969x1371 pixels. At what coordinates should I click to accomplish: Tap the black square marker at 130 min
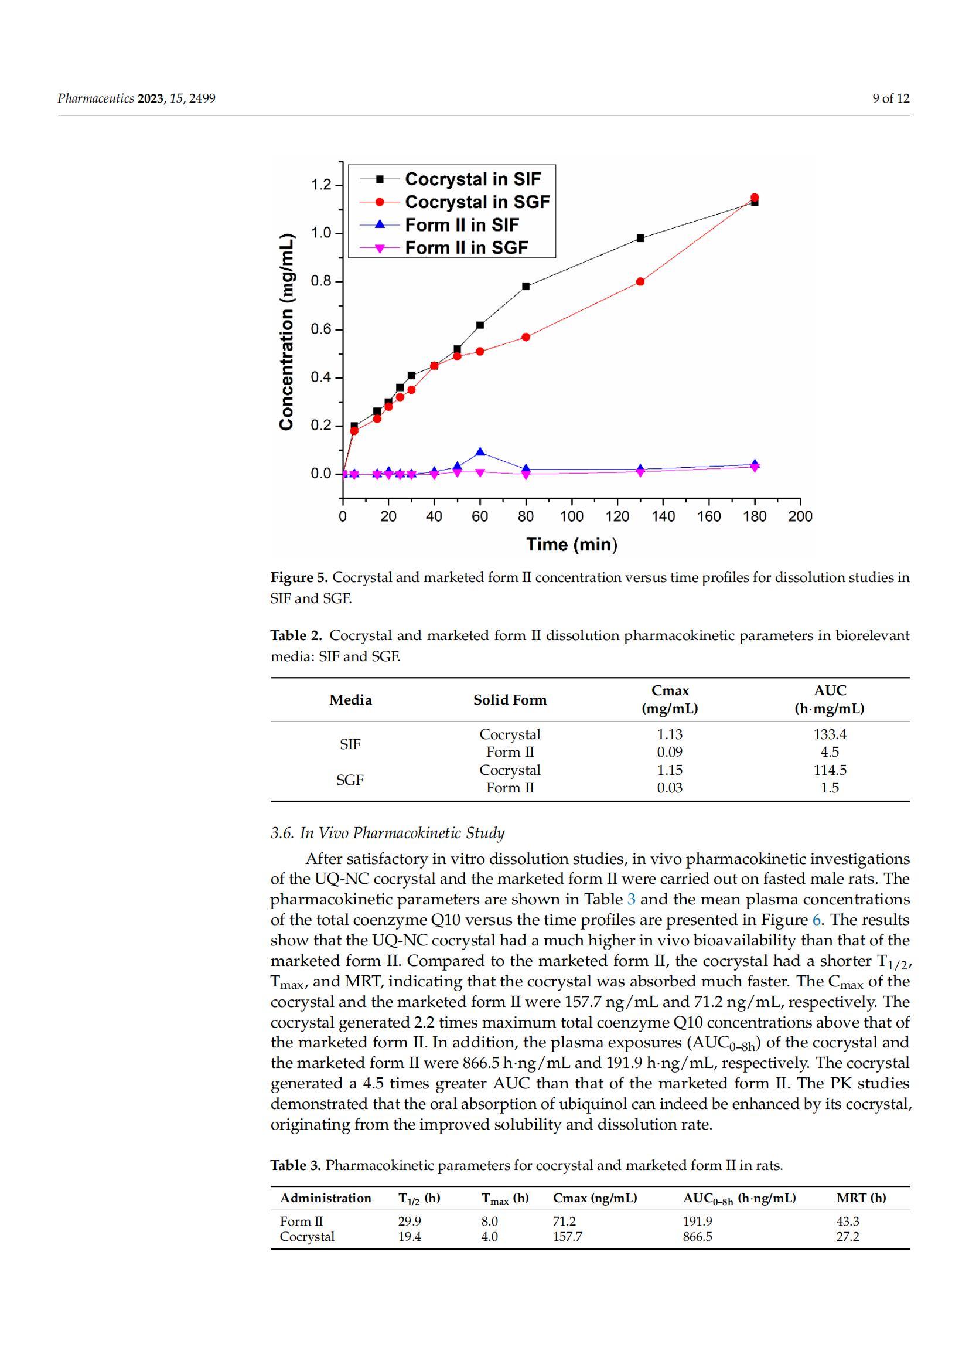click(x=640, y=238)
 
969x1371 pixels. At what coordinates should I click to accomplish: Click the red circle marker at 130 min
click(x=640, y=282)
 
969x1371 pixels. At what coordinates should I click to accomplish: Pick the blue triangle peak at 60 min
click(x=480, y=453)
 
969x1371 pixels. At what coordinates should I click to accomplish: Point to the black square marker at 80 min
click(x=526, y=287)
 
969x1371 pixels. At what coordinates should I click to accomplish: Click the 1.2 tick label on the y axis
click(x=321, y=185)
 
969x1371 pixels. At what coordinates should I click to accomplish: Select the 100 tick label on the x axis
click(x=572, y=516)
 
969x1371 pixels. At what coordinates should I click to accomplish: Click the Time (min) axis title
click(x=572, y=545)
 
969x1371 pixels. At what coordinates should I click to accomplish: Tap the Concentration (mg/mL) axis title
click(x=286, y=331)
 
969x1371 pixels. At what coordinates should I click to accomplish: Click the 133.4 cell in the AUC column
click(x=830, y=734)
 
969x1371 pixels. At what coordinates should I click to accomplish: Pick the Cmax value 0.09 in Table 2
click(x=670, y=752)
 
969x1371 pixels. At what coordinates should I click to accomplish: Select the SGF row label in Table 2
click(x=350, y=780)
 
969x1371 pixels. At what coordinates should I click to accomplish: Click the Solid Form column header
click(x=510, y=700)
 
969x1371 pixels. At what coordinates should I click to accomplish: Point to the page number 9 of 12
click(x=891, y=98)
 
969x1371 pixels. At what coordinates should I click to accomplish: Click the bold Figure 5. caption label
click(x=299, y=577)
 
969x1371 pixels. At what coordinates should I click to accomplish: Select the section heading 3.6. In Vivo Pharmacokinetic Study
click(x=387, y=833)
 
